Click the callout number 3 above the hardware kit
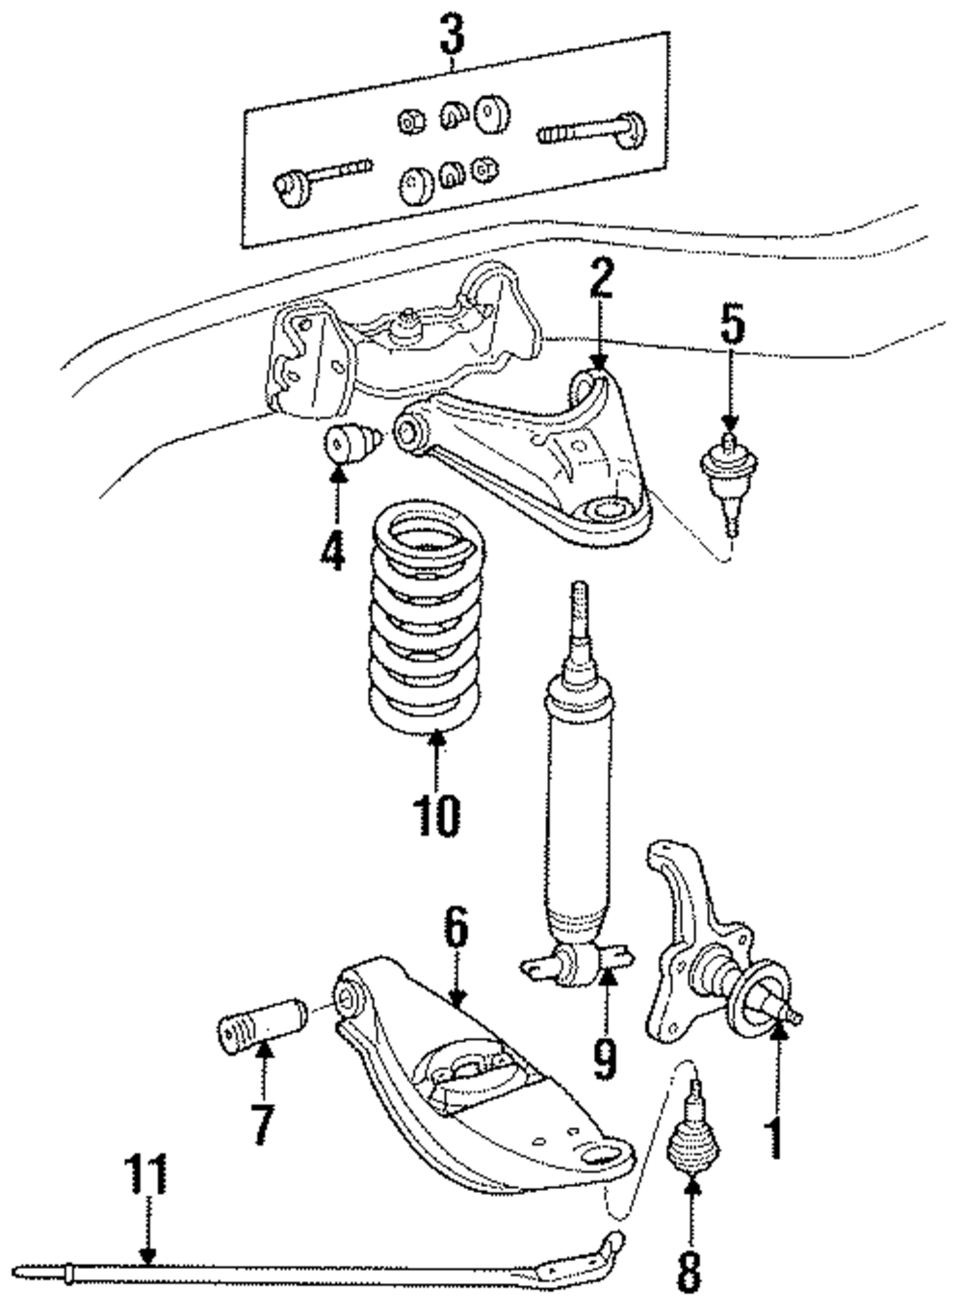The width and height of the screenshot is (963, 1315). pyautogui.click(x=452, y=33)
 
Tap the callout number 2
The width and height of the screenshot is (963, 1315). pyautogui.click(x=602, y=278)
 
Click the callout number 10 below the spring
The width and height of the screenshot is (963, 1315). pyautogui.click(x=436, y=815)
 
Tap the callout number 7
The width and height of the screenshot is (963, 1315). pyautogui.click(x=263, y=1123)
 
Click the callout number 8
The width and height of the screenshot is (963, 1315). pyautogui.click(x=690, y=1286)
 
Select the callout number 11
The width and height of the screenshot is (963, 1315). pyautogui.click(x=146, y=1173)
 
